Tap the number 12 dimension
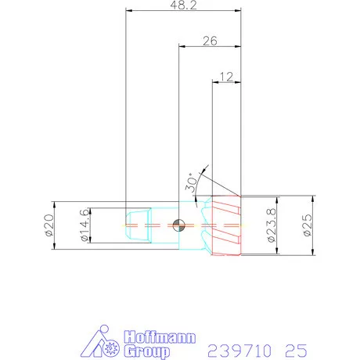[226, 76]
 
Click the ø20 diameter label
[49, 225]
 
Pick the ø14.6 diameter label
[85, 226]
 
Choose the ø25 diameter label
[307, 225]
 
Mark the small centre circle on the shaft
[179, 225]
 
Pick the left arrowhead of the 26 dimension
[181, 47]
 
